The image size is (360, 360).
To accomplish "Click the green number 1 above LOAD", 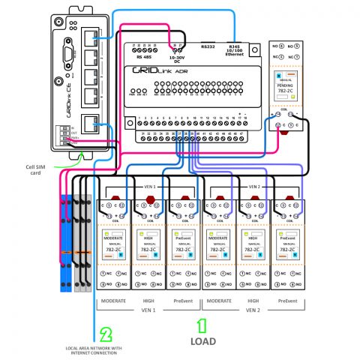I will (x=200, y=326).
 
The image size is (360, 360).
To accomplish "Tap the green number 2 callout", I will (x=106, y=334).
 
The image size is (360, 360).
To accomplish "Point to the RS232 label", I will (x=209, y=46).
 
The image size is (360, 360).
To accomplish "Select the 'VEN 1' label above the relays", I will (x=149, y=187).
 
